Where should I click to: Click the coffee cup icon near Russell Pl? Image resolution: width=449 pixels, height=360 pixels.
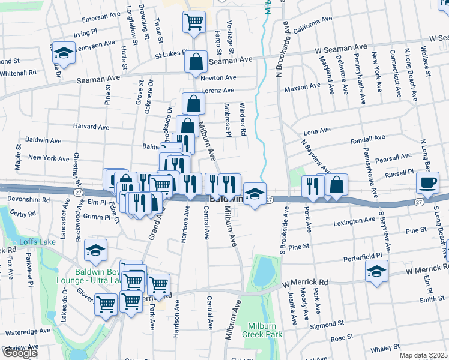point(428,183)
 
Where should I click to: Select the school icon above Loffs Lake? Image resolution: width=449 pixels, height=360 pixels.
point(95,251)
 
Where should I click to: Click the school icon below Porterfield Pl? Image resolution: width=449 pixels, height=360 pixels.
point(377,271)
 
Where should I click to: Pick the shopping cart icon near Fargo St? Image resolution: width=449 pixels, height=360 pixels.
point(194,23)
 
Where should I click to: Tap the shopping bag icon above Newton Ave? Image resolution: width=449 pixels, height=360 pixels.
point(196,62)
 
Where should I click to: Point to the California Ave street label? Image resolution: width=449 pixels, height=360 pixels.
point(312,23)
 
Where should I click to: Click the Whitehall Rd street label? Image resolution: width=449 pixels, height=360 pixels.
point(18,72)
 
